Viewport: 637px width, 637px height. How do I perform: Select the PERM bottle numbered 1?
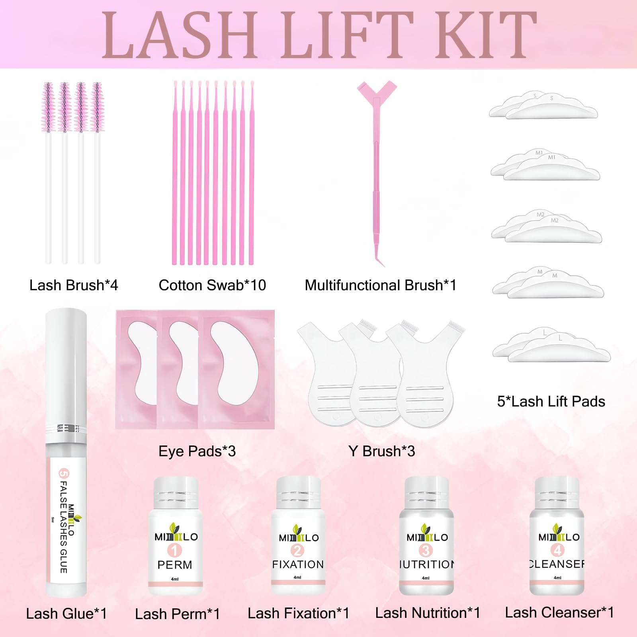click(175, 537)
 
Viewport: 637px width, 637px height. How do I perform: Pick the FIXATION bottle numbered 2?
click(298, 537)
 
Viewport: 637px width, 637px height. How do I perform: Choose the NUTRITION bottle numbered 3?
click(426, 537)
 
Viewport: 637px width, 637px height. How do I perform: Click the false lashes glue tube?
click(66, 454)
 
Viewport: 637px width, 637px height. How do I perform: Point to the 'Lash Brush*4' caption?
click(74, 285)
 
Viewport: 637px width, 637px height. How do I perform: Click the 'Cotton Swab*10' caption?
click(212, 285)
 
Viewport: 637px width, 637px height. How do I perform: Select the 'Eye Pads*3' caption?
click(197, 451)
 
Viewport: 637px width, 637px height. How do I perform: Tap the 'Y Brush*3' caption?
click(381, 451)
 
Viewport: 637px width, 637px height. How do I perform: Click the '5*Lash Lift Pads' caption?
click(551, 401)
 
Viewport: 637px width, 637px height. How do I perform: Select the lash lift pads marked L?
click(551, 346)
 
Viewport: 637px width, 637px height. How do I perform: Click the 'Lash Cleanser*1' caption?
click(559, 612)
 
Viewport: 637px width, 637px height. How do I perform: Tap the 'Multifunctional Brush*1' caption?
click(380, 285)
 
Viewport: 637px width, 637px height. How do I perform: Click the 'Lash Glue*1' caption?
click(66, 614)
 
